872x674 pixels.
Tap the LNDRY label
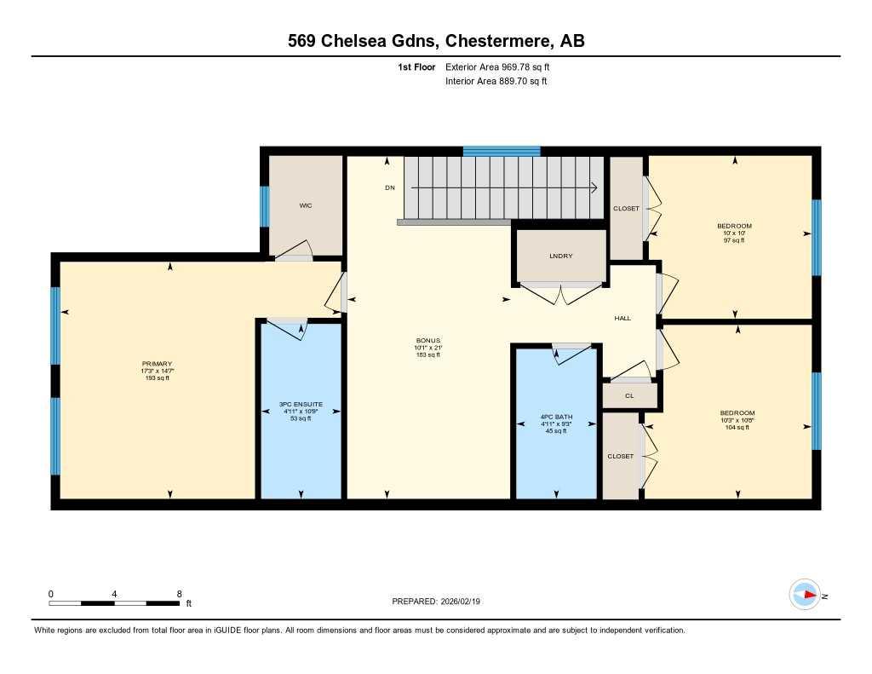click(561, 256)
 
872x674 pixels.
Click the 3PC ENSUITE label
click(301, 404)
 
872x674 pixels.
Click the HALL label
click(622, 318)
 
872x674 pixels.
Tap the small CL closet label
click(629, 395)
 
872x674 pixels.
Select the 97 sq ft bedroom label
click(734, 226)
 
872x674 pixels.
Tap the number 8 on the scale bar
click(179, 593)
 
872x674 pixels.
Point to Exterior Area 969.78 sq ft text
click(503, 66)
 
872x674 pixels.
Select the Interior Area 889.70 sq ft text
click(496, 82)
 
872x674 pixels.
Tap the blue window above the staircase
click(502, 152)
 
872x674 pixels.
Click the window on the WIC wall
click(265, 206)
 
